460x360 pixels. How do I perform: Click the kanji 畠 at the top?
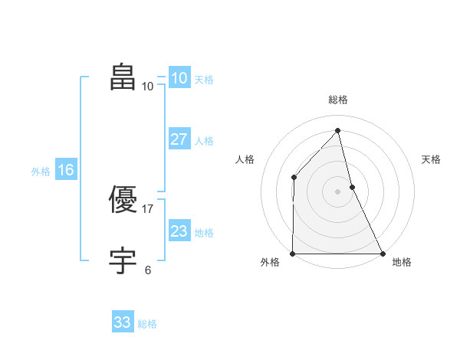coord(123,78)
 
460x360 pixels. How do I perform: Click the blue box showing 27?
coord(179,139)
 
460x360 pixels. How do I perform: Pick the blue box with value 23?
coord(179,231)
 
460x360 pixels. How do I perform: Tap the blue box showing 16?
coord(66,170)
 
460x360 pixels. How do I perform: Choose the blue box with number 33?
coord(123,322)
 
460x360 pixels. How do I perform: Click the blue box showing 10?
coord(179,78)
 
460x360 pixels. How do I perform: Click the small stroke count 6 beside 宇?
coord(148,270)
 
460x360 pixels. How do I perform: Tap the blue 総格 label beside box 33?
coord(147,324)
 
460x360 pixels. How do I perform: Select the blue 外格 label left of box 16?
coord(41,172)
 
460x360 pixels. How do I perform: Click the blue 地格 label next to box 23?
coord(204,233)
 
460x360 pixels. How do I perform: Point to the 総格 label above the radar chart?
coord(337,100)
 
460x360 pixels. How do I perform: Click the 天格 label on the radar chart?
coord(431,159)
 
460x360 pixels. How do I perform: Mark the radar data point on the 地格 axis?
coord(382,254)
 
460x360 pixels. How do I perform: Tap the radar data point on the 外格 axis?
coord(293,254)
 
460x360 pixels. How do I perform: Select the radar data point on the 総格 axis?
coord(337,130)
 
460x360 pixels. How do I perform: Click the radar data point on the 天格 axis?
coord(352,186)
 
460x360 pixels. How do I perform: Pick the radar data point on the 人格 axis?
coord(294,178)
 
